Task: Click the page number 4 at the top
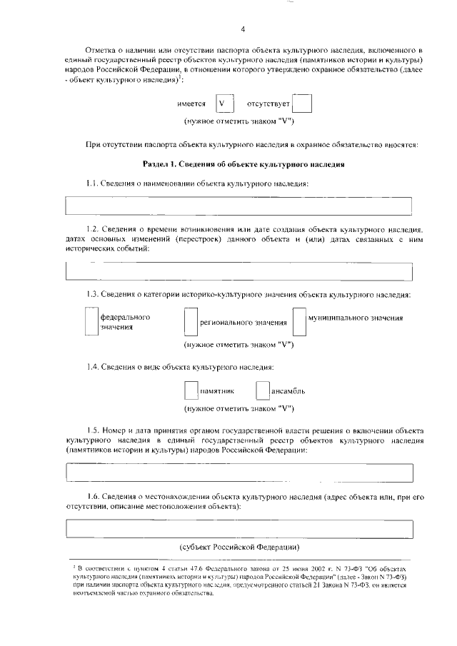(x=243, y=29)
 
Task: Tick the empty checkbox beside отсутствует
(x=303, y=104)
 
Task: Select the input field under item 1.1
(x=238, y=206)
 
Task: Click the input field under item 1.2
(x=238, y=272)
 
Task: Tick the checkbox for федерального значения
(x=91, y=321)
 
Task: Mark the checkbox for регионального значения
(x=190, y=321)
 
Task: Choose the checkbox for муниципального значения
(x=299, y=321)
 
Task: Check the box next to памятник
(x=190, y=390)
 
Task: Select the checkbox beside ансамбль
(x=262, y=390)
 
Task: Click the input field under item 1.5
(x=238, y=473)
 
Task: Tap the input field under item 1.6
(x=238, y=528)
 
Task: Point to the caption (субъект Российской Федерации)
(x=238, y=546)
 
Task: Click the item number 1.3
(x=91, y=295)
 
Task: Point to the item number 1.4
(x=91, y=367)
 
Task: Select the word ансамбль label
(x=288, y=392)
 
